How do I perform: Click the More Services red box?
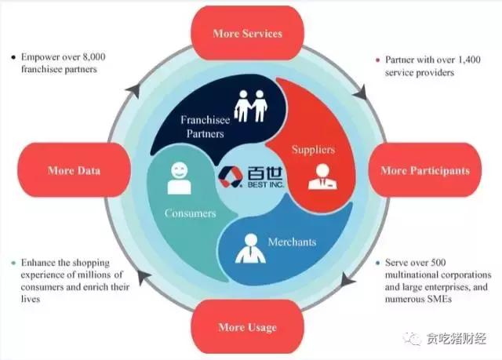point(247,34)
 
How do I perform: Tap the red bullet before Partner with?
point(377,60)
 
